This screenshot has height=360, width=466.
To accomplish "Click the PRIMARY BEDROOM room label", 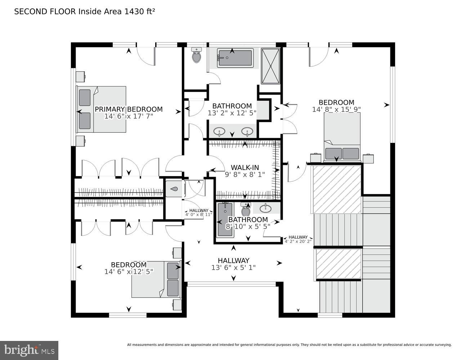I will [129, 109].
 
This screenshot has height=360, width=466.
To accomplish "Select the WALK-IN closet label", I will [245, 167].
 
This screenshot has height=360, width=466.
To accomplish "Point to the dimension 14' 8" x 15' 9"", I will [336, 109].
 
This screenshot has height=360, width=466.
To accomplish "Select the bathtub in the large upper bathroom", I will [235, 58].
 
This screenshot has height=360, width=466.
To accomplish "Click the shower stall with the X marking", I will [270, 66].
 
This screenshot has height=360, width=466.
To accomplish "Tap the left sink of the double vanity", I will [219, 131].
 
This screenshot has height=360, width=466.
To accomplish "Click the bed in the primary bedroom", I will [102, 109].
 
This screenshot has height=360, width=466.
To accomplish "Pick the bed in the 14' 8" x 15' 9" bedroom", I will [342, 137].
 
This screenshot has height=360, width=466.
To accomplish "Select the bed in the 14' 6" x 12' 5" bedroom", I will [156, 279].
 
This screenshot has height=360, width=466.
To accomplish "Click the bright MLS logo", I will [29, 350].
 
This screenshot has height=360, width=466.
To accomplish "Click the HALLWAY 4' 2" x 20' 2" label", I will [298, 239].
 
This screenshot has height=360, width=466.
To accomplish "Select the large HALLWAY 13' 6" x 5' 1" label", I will [233, 264].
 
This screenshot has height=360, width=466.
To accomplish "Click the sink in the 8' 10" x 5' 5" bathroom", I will [266, 208].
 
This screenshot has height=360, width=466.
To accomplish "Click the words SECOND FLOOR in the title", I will [45, 12].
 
